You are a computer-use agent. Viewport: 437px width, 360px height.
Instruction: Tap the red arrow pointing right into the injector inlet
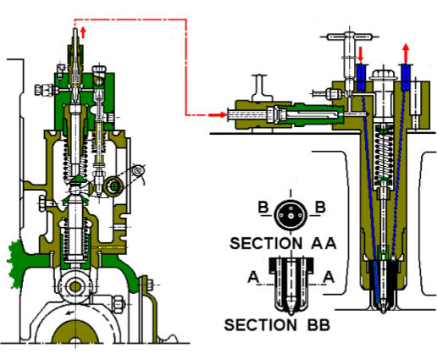tap(218, 114)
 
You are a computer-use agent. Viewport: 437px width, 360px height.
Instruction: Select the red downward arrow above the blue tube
tap(361, 55)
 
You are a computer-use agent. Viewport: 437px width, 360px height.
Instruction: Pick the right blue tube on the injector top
tap(406, 77)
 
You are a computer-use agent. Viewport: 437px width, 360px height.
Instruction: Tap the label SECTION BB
tap(276, 324)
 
